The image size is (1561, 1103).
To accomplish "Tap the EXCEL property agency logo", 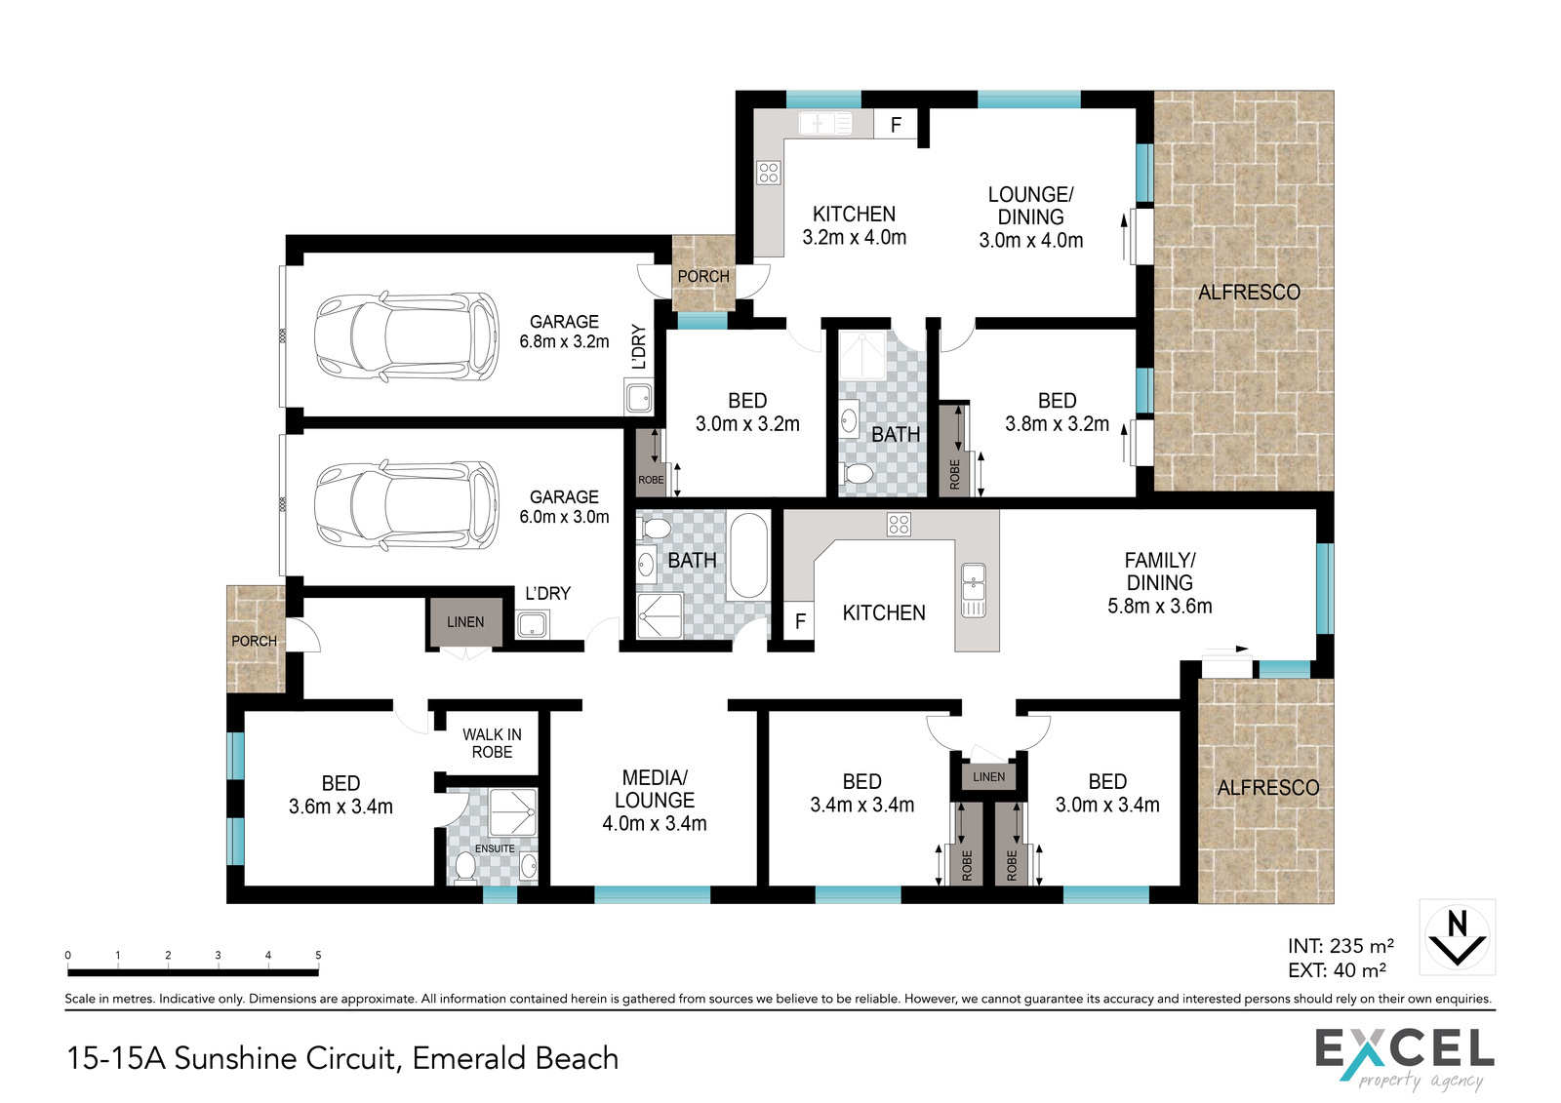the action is point(1404,1058).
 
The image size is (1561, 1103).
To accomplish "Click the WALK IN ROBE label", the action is point(492,743).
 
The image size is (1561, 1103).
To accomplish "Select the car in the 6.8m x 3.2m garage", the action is point(406,336).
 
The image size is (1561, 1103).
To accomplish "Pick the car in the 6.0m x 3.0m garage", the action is point(406,506).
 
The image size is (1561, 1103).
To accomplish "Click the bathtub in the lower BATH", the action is point(748,555).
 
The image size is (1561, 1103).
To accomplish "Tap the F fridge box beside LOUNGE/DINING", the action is point(896,125).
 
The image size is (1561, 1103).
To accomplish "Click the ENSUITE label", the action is point(495,848).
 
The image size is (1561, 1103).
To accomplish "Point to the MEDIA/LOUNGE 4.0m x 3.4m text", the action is point(655,800).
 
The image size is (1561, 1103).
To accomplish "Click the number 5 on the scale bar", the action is point(318,955).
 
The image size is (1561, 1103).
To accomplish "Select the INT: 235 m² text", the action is point(1341,946).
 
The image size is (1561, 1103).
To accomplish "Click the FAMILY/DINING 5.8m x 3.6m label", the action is point(1160,582).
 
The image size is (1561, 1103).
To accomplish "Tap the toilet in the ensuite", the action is point(464,868).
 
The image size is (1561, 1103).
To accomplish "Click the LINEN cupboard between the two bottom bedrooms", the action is point(989,777).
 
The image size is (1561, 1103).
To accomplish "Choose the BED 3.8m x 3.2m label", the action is point(1058,412).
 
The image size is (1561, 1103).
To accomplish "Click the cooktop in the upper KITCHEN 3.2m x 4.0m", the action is point(769,172).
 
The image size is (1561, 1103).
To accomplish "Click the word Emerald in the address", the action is point(459,1058).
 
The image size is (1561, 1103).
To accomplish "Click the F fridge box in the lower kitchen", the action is point(800,620).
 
